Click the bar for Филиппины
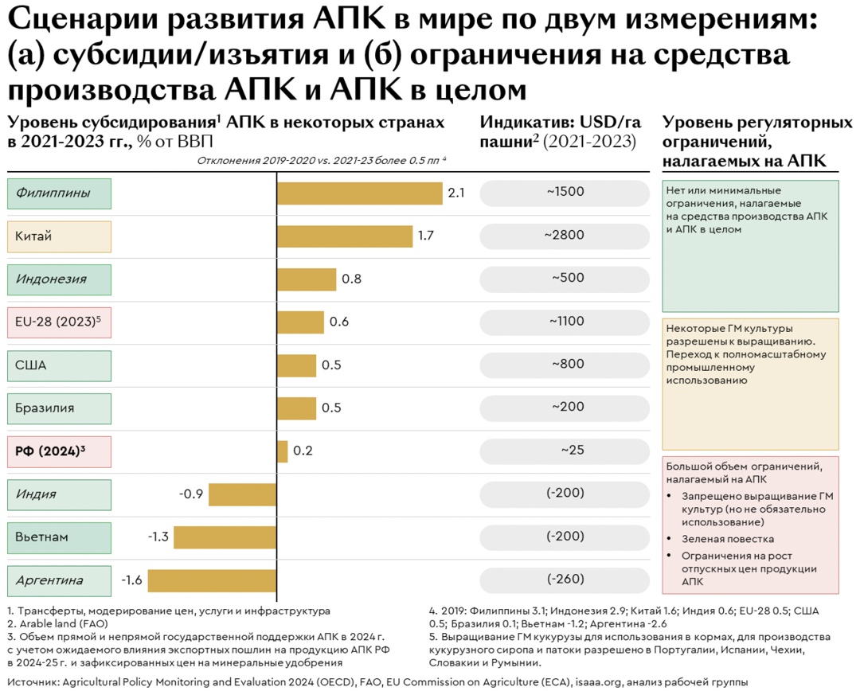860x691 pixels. [359, 193]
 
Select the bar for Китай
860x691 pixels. [345, 236]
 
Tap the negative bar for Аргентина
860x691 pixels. [212, 580]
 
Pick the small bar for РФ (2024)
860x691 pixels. [282, 451]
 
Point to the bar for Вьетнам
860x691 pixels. [225, 537]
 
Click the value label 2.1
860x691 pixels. [456, 193]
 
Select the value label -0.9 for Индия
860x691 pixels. [191, 494]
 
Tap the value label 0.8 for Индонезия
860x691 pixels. [351, 279]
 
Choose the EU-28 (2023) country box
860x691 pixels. [59, 322]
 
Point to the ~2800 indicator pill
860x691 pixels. [565, 235]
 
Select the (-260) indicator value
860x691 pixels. [565, 579]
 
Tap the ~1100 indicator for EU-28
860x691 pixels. [566, 321]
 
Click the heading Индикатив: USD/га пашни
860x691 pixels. [560, 132]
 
